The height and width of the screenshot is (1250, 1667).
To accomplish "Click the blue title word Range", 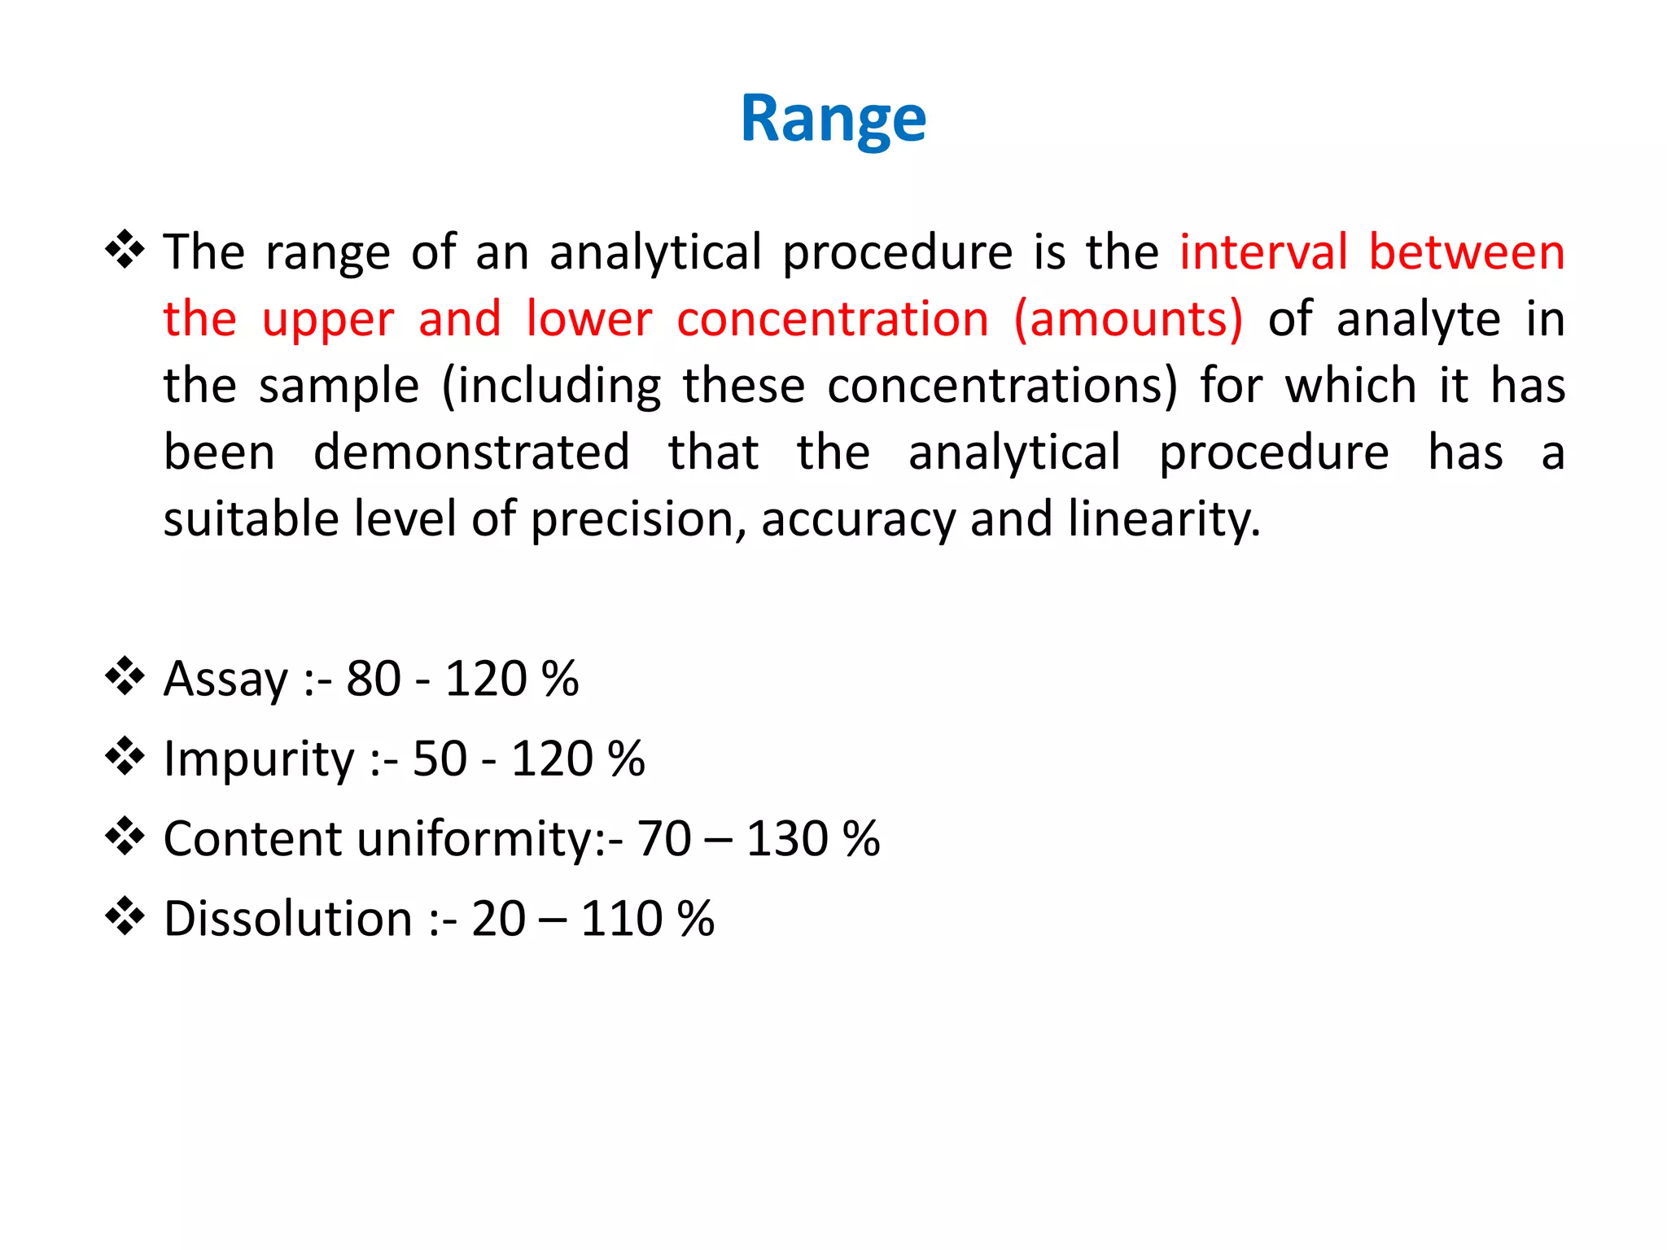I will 833,120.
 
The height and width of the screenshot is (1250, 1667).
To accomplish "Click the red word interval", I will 1263,251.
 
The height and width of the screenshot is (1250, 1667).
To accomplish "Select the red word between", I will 1467,251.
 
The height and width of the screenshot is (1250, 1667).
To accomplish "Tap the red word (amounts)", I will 1128,318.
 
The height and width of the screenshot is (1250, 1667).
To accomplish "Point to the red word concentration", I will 833,318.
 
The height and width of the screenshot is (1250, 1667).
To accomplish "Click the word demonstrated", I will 471,452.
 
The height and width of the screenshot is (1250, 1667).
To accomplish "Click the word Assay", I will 225,679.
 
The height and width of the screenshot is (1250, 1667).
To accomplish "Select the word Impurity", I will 259,758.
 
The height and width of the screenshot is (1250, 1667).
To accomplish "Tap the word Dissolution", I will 288,919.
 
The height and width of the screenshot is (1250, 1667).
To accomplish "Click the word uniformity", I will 483,838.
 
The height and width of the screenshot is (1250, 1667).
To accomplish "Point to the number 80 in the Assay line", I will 374,679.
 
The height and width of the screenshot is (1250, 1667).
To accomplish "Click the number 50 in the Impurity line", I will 440,758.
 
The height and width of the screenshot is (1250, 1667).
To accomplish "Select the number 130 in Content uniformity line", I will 787,838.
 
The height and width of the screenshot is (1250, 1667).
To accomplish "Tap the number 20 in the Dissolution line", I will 498,919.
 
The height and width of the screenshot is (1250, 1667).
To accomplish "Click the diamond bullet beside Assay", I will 125,676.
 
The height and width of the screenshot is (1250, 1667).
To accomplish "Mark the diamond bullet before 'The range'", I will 125,250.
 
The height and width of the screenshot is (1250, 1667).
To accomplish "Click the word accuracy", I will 858,518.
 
